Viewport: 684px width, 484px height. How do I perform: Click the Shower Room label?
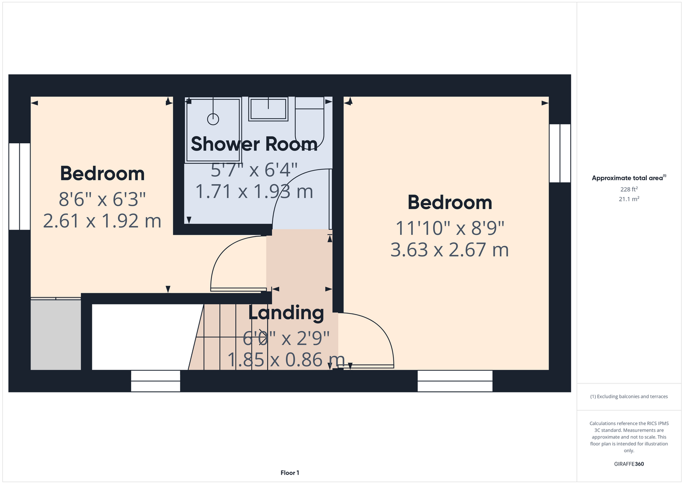click(x=254, y=144)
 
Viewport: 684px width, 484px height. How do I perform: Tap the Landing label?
click(x=286, y=313)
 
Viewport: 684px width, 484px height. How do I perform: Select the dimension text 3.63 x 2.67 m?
click(x=450, y=249)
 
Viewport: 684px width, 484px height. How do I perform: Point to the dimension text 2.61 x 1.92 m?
click(x=102, y=221)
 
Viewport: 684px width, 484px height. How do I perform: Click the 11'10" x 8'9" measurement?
click(x=450, y=228)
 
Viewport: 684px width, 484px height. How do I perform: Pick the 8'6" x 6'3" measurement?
click(x=102, y=199)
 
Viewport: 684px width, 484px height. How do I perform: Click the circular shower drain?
click(x=213, y=119)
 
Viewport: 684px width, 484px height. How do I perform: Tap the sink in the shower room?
click(x=268, y=109)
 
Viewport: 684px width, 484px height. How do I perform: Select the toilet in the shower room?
click(x=309, y=122)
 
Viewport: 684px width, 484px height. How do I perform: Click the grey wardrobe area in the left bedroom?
click(x=56, y=334)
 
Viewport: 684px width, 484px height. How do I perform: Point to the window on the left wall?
click(x=19, y=186)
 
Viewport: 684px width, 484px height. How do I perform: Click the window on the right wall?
click(x=560, y=153)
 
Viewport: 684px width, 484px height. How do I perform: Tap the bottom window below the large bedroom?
click(x=455, y=381)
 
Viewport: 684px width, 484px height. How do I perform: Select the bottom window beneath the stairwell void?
click(x=155, y=381)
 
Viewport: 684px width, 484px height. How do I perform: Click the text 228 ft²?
click(x=629, y=189)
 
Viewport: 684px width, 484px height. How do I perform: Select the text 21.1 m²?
click(x=629, y=199)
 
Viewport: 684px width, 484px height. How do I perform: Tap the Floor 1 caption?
click(x=290, y=473)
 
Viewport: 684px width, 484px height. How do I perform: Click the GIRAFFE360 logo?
click(x=629, y=464)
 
